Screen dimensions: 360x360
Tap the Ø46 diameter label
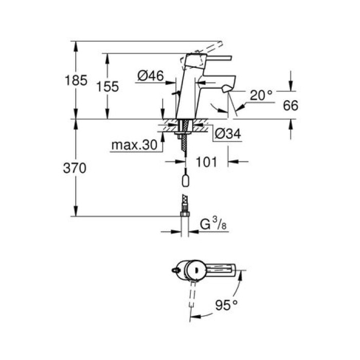pyautogui.click(x=150, y=76)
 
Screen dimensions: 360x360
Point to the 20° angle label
pyautogui.click(x=261, y=95)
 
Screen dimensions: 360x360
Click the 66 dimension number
pyautogui.click(x=291, y=105)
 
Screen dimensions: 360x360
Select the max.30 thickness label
pyautogui.click(x=133, y=146)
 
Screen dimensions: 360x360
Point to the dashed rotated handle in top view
pyautogui.click(x=193, y=296)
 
